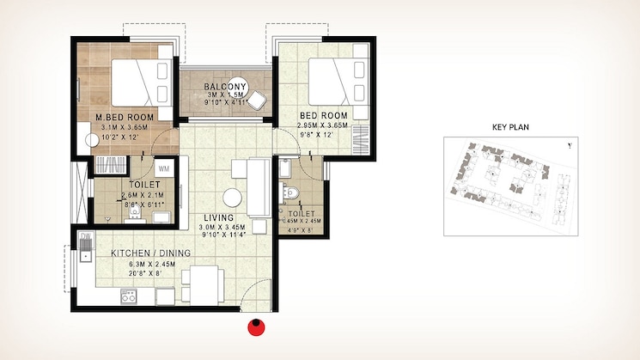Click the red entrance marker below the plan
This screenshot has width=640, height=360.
(x=256, y=326)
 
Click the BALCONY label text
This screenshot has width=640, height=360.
(x=225, y=88)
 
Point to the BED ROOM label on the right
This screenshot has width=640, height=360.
(x=323, y=115)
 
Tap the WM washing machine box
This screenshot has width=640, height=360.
(x=164, y=168)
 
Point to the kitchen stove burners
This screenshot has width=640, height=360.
(x=130, y=297)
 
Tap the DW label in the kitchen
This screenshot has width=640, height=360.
(x=85, y=236)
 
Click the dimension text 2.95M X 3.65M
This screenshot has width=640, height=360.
(x=323, y=125)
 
